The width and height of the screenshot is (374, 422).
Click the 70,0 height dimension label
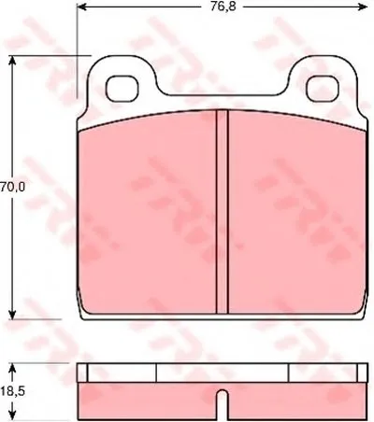point(12,187)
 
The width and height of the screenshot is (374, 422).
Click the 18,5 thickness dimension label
point(12,391)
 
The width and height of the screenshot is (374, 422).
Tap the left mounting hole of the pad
point(122,89)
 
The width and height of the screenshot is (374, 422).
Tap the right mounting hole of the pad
point(323,89)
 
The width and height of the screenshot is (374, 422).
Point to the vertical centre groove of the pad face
point(223,211)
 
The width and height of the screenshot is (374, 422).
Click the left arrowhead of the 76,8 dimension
point(81,7)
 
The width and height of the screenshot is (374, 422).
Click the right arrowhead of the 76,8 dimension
point(363,7)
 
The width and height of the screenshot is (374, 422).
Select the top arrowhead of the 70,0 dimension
point(12,61)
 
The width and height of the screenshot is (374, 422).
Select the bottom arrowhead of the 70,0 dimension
point(12,314)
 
